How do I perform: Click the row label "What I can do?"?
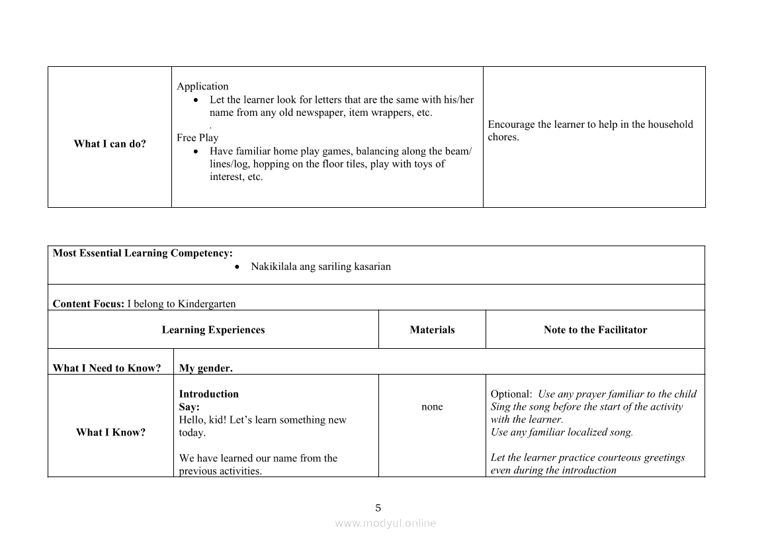[110, 144]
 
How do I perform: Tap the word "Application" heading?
[202, 86]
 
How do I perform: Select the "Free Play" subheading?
[197, 138]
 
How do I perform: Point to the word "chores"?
[502, 137]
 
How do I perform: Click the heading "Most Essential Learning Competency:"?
[142, 253]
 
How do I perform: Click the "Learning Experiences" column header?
[213, 330]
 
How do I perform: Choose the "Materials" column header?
[432, 330]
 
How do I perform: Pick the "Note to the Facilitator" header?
[595, 330]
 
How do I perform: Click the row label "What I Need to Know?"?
[107, 368]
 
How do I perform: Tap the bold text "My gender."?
[206, 368]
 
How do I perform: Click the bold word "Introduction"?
[208, 394]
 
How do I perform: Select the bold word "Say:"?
[189, 407]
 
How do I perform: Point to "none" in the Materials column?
[432, 406]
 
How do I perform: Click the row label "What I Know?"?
[110, 432]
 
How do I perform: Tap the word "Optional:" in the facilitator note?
[511, 394]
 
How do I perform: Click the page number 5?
[378, 508]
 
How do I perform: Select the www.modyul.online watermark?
[386, 523]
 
